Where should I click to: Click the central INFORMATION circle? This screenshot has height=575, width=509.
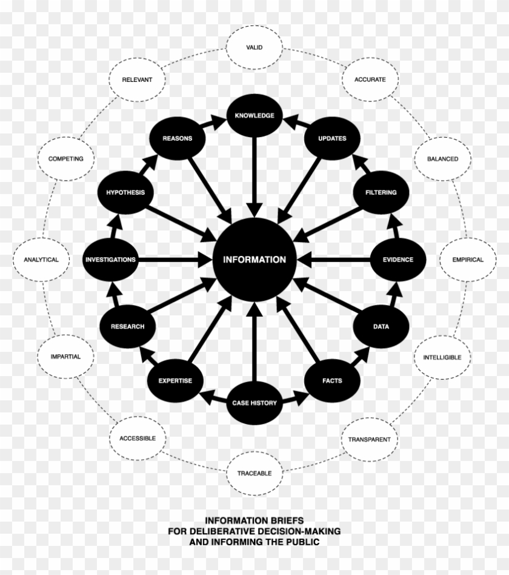coord(254,260)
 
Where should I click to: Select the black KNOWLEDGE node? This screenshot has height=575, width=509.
coord(254,115)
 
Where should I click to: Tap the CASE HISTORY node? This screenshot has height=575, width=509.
coord(254,403)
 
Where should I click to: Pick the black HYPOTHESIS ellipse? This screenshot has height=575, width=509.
coord(125,192)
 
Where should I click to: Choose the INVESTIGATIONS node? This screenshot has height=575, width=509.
coord(111,260)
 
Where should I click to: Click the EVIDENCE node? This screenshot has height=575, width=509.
coord(398,260)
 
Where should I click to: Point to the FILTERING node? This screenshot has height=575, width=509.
coord(381,192)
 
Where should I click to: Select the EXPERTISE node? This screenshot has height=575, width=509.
coord(175,381)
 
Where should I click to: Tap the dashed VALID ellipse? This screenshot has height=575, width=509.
coord(254,47)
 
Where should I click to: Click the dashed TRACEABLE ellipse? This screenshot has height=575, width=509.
coord(254,474)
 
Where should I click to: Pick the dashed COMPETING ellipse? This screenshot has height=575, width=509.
coord(66,159)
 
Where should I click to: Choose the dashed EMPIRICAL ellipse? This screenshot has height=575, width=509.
coord(468,260)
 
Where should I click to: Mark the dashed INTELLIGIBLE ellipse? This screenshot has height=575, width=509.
coord(442,357)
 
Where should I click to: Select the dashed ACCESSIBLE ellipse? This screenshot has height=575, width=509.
coord(138,438)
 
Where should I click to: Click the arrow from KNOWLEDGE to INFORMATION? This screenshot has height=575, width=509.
coord(254,178)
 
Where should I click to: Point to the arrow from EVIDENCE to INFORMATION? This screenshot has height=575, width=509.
coord(333,260)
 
